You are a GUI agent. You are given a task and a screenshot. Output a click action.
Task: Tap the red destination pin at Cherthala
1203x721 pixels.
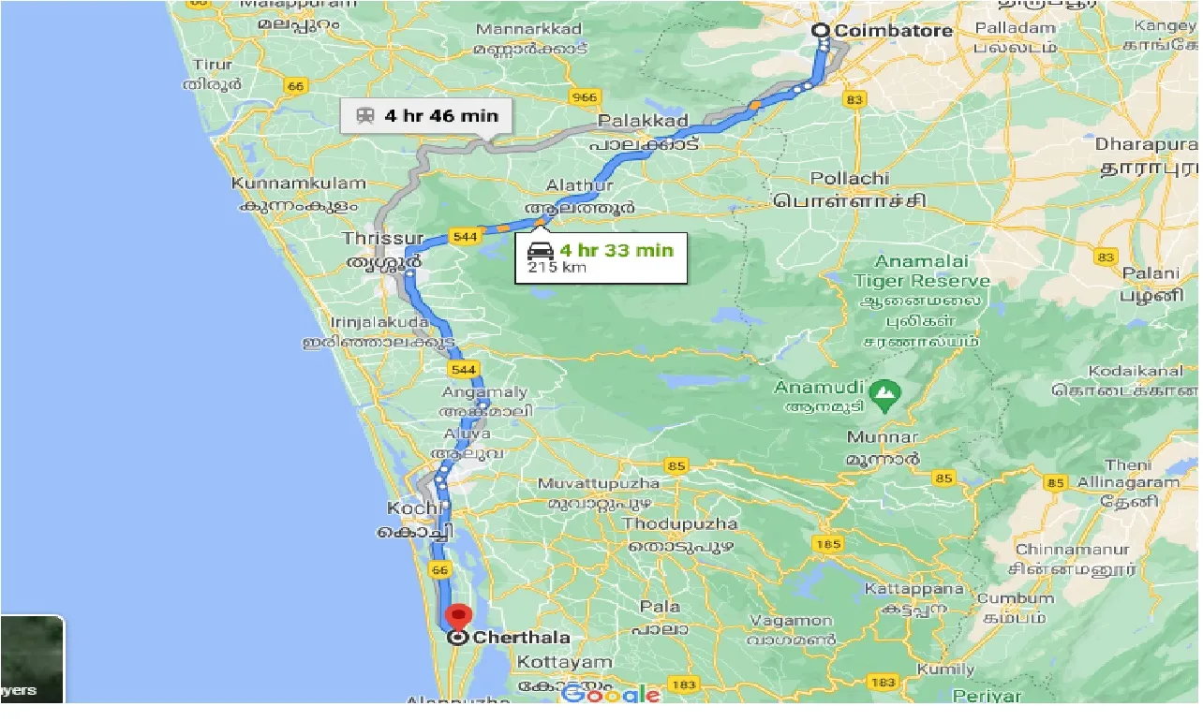[458, 617]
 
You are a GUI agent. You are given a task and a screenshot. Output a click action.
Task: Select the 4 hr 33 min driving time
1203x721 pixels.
[616, 250]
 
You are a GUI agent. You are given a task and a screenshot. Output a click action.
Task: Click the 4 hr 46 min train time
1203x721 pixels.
[440, 116]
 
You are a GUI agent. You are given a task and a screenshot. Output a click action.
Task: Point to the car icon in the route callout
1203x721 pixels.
[541, 251]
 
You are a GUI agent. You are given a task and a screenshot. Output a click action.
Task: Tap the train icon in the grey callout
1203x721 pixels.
[364, 116]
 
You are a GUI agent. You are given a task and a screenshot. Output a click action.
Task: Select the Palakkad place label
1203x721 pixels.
[643, 121]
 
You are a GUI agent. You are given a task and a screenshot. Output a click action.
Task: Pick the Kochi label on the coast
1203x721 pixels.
[413, 508]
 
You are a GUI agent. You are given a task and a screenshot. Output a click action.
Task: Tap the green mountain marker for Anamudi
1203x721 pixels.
[882, 396]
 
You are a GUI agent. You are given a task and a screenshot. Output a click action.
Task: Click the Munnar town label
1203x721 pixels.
[883, 437]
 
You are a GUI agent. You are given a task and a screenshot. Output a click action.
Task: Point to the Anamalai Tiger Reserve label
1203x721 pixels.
[921, 272]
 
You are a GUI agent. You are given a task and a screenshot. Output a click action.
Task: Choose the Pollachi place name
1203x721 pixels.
[849, 178]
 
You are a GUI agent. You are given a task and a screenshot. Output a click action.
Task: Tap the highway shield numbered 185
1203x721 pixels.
[828, 544]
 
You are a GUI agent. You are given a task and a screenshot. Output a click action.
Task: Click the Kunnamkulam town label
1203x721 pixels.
[298, 184]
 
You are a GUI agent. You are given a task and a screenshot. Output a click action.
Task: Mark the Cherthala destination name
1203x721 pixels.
[522, 638]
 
